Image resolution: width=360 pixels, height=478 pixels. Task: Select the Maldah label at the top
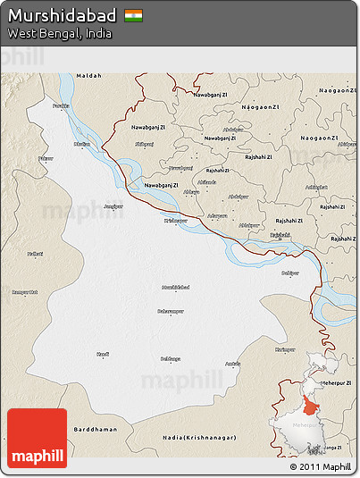coord(89,76)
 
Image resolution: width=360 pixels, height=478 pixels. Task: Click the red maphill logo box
coord(37,438)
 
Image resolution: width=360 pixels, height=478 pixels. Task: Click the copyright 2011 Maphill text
coord(320,467)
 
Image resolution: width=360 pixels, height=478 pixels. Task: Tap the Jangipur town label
coord(113,207)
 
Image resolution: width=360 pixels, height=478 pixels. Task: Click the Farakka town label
coord(61,106)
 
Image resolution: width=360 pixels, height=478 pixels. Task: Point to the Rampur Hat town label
coord(24,292)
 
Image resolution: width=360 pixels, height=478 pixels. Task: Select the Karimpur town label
coord(285,349)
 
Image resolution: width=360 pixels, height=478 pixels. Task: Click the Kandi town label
coord(103,355)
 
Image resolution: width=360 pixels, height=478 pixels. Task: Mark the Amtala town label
coord(232,364)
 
